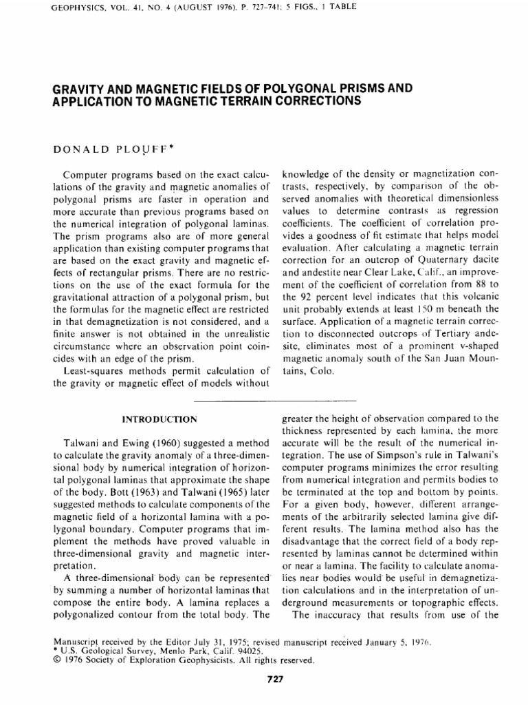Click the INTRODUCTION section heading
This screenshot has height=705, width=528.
pos(158,419)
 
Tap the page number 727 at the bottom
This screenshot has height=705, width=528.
pos(275,681)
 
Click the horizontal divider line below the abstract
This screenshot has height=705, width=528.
pos(275,400)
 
